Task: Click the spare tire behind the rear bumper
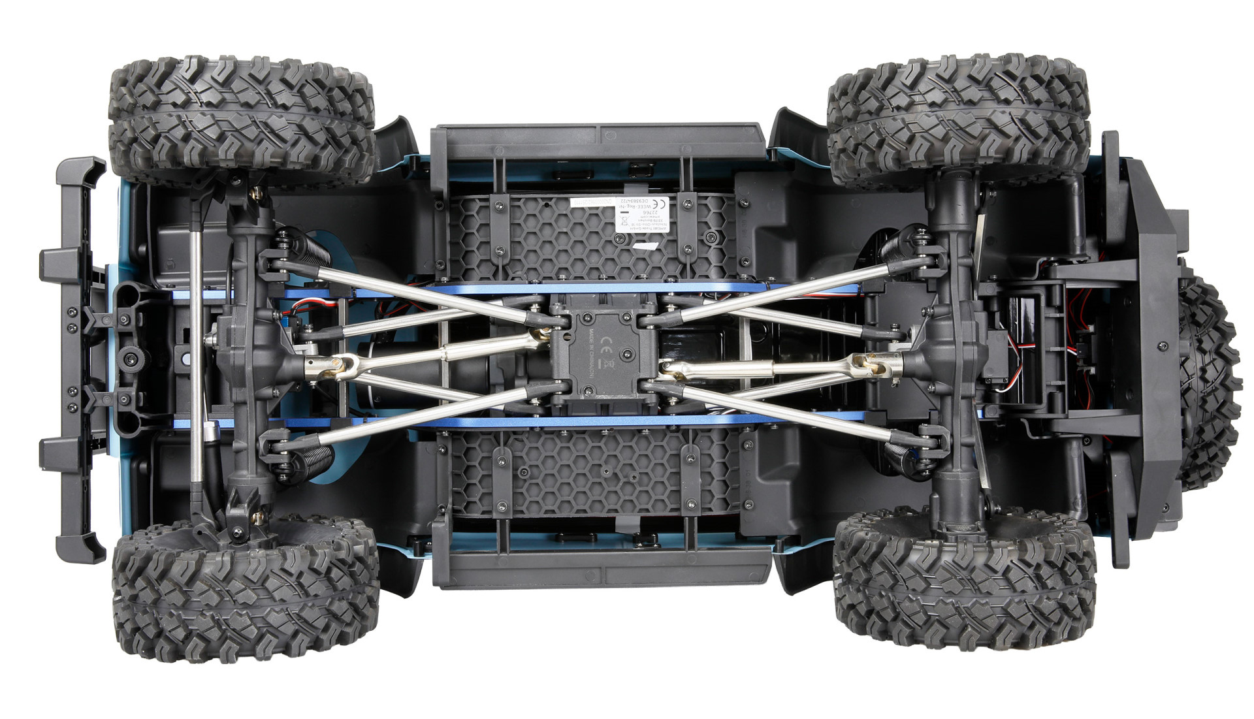tap(1208, 382)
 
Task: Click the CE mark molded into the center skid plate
tap(605, 341)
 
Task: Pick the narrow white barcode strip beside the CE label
tap(592, 202)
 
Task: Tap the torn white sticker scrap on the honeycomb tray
tap(647, 246)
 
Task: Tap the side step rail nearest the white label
tap(598, 144)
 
